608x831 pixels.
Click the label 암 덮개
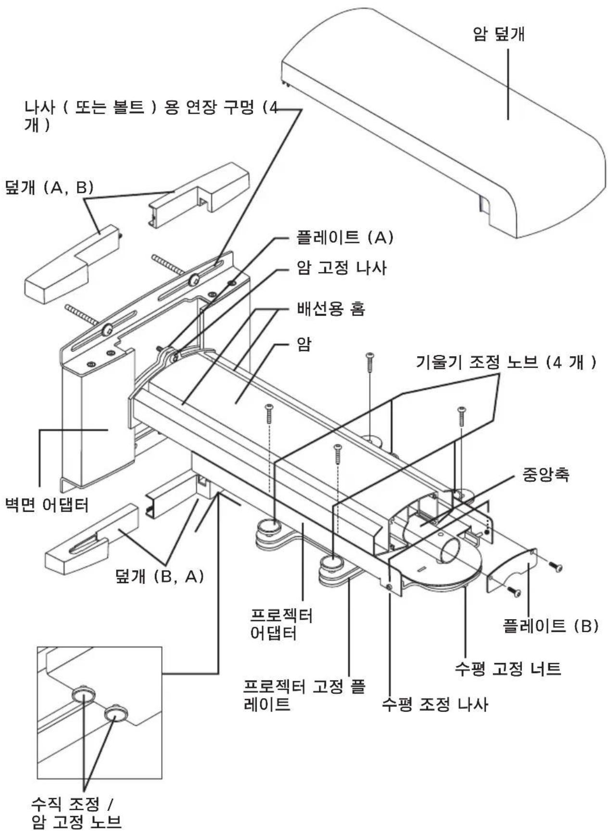498,34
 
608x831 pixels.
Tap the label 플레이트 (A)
345,237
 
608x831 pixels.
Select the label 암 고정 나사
342,268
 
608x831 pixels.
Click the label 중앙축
545,475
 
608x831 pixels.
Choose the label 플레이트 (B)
550,625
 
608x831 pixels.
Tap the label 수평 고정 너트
507,669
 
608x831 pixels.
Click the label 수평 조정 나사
435,704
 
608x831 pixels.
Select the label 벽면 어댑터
46,506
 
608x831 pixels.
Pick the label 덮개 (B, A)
160,576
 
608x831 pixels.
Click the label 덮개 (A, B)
49,187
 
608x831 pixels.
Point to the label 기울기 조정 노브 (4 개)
506,363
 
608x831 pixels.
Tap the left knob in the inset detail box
83,694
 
